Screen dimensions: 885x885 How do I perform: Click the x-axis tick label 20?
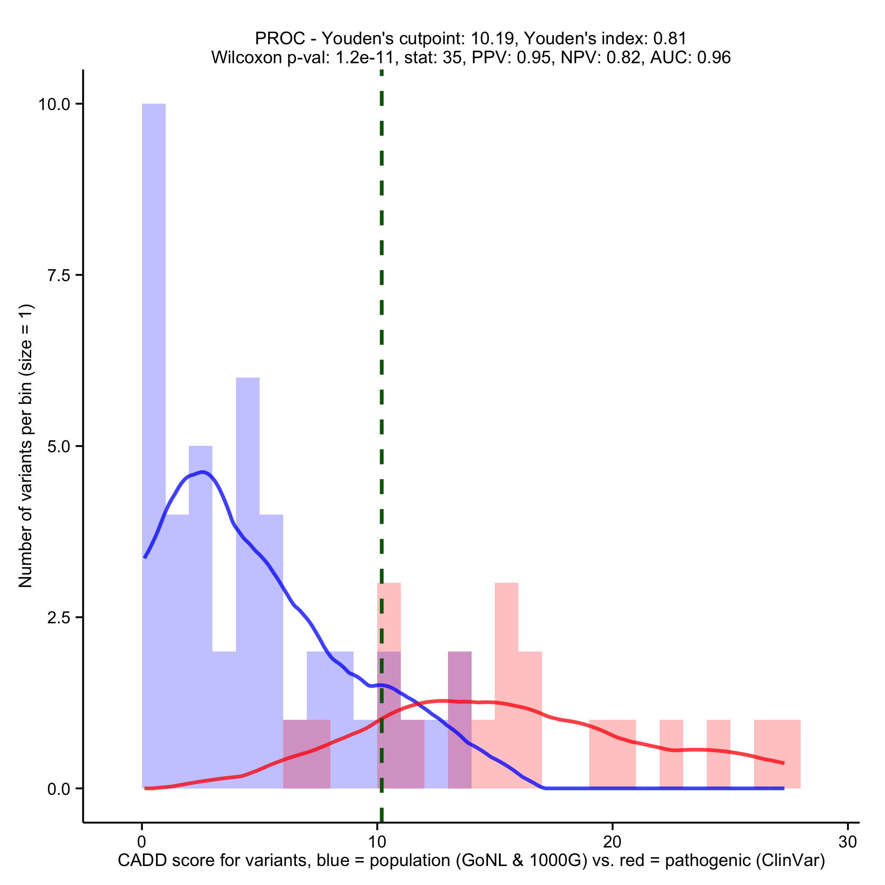tap(612, 842)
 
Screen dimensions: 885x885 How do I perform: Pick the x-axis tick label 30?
tap(847, 842)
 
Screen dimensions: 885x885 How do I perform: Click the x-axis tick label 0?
tap(142, 842)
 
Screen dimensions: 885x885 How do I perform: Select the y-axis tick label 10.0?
tap(54, 105)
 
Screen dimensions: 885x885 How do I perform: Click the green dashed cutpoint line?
tap(381, 321)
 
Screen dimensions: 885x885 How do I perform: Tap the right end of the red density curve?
tap(783, 763)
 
